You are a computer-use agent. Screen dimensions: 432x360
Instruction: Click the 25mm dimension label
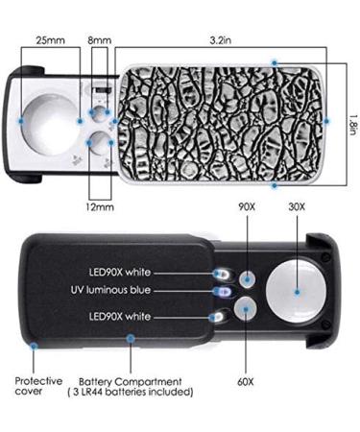(51, 42)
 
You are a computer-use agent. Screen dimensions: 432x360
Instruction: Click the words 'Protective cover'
(38, 386)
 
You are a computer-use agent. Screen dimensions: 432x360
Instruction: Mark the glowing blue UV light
(223, 290)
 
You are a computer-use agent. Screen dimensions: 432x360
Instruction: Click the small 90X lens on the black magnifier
(249, 278)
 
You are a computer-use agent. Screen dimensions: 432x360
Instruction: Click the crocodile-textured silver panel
(221, 120)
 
